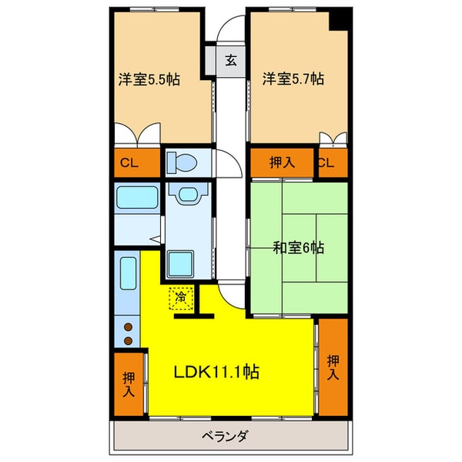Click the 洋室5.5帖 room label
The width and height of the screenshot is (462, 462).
pyautogui.click(x=149, y=79)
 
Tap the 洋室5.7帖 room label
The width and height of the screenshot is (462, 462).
pyautogui.click(x=293, y=79)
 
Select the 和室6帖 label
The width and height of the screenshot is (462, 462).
pyautogui.click(x=299, y=248)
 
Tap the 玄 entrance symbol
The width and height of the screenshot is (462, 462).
pyautogui.click(x=229, y=60)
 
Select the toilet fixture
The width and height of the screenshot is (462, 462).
pyautogui.click(x=182, y=163)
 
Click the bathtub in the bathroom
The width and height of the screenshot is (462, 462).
pyautogui.click(x=137, y=199)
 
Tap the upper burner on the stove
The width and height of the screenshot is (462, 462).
pyautogui.click(x=128, y=326)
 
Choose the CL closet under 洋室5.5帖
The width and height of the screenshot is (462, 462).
pyautogui.click(x=130, y=162)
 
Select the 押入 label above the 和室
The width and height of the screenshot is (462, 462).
pyautogui.click(x=282, y=162)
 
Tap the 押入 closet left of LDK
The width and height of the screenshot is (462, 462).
pyautogui.click(x=128, y=383)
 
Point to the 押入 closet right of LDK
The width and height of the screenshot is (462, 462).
pyautogui.click(x=333, y=367)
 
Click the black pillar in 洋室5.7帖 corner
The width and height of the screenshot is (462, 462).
pyautogui.click(x=337, y=20)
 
